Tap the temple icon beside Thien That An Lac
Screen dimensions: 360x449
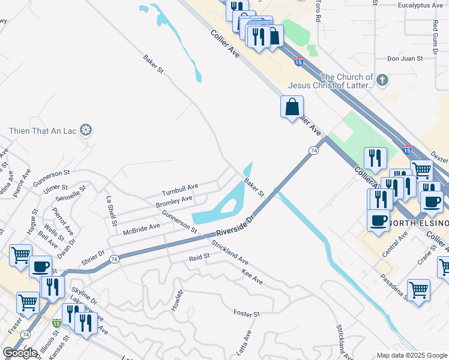point(86,130)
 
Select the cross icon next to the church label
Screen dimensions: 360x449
point(381,80)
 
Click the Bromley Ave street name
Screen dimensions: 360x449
point(174,202)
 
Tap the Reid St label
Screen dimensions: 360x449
point(199,257)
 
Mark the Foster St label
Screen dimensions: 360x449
point(246,314)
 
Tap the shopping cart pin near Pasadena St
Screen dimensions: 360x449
point(418,290)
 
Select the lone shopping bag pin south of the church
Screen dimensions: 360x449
point(292,107)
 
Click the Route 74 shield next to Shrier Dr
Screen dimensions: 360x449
point(115,259)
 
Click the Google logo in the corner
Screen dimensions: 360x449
point(20,353)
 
